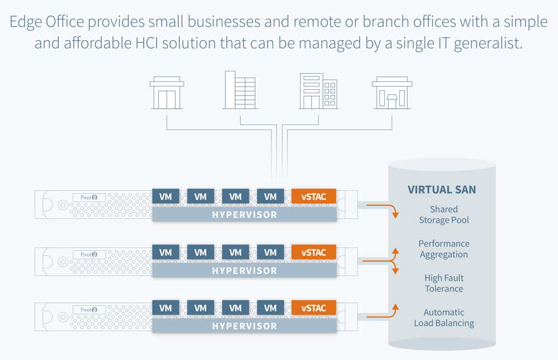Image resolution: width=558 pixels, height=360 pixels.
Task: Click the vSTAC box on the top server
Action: [x=313, y=196]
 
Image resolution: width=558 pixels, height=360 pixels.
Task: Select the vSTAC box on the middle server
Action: [x=313, y=252]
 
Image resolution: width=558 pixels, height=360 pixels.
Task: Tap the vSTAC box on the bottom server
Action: [x=313, y=308]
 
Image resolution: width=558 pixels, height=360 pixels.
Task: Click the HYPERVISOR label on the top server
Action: [x=244, y=215]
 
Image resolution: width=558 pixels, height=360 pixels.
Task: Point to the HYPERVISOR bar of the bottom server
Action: [x=244, y=326]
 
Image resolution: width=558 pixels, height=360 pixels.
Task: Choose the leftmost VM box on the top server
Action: [x=166, y=196]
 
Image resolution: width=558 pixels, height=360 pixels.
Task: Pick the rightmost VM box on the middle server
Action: [x=270, y=252]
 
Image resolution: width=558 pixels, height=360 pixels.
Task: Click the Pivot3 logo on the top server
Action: [x=89, y=198]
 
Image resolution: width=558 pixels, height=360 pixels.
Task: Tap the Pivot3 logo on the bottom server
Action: [x=89, y=309]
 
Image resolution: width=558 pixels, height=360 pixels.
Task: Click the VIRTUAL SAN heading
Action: [x=442, y=190]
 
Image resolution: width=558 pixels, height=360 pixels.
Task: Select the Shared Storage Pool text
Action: [x=444, y=215]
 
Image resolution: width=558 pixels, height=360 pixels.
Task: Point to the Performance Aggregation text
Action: [x=444, y=249]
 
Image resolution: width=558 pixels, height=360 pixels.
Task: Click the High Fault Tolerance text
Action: [x=444, y=283]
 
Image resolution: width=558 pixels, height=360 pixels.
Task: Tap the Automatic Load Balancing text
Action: [x=444, y=318]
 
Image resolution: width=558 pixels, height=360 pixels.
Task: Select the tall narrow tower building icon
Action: [x=240, y=90]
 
